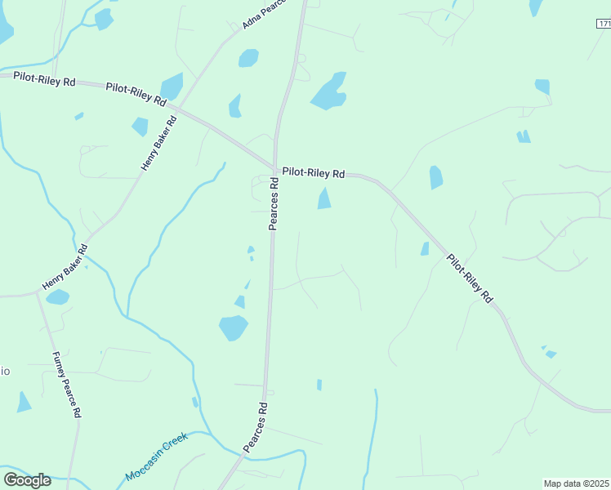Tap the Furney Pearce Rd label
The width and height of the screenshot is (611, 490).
[x=66, y=385]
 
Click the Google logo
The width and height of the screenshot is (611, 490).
[x=27, y=479]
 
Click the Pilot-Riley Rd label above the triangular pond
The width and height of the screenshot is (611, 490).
[x=314, y=173]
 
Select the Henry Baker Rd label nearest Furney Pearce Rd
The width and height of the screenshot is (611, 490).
[x=65, y=268]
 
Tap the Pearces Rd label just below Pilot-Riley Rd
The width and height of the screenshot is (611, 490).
[x=274, y=205]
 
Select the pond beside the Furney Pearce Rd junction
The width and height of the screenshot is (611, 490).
[x=57, y=297]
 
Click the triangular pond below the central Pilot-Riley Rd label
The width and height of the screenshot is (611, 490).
[x=324, y=198]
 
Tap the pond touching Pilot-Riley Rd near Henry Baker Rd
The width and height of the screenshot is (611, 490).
[x=172, y=87]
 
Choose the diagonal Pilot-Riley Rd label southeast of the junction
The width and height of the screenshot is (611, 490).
[x=470, y=278]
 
